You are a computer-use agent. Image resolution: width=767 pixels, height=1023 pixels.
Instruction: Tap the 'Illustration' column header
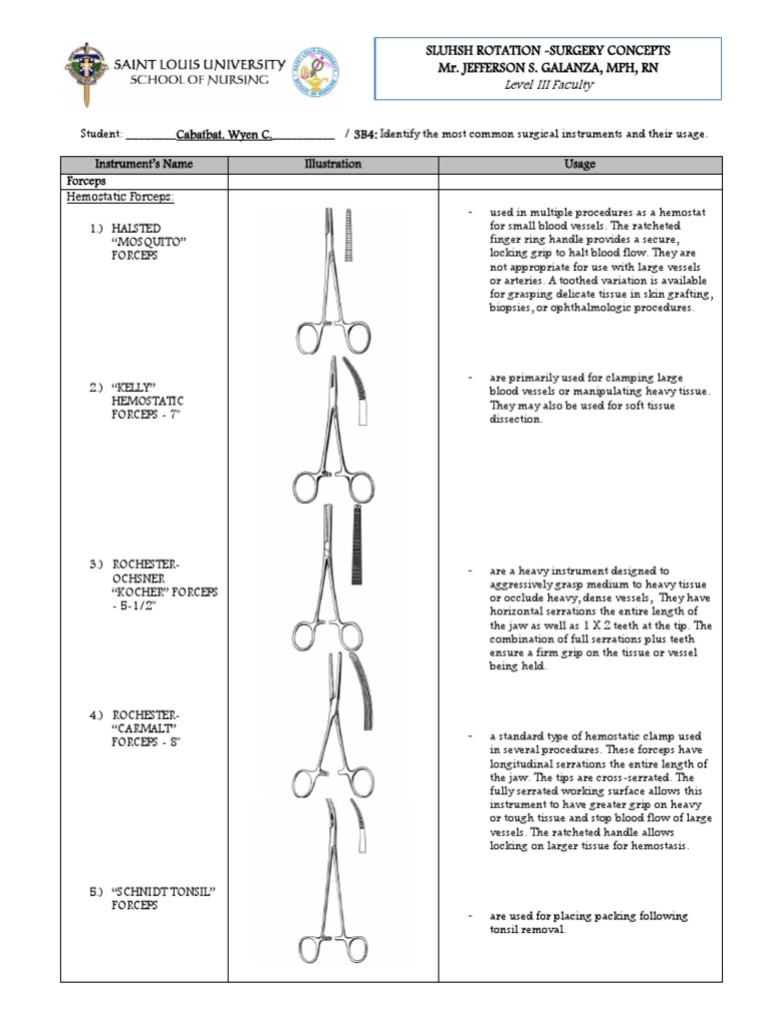tap(334, 164)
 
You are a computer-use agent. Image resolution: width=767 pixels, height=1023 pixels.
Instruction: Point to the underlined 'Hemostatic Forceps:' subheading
tap(120, 198)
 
